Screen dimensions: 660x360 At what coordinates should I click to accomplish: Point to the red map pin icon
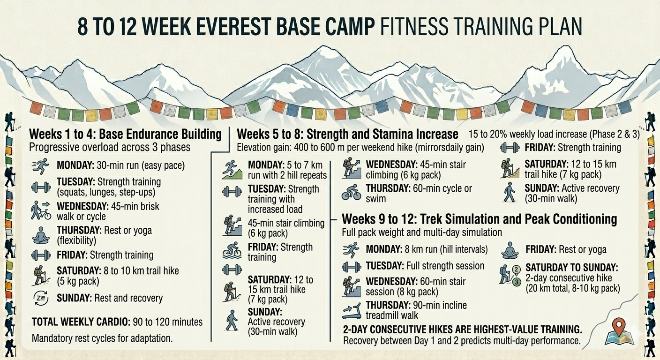(x=619, y=326)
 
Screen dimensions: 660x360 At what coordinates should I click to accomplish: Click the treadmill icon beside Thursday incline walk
(x=352, y=311)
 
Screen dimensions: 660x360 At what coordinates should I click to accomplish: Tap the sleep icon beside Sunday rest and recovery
(x=41, y=298)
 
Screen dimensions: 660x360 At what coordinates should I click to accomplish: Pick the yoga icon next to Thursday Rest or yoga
(x=41, y=235)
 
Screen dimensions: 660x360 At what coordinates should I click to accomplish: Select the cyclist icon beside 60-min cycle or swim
(x=351, y=192)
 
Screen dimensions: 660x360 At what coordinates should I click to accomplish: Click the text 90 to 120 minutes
(x=168, y=322)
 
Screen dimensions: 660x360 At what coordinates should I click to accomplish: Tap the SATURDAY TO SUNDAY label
(x=572, y=268)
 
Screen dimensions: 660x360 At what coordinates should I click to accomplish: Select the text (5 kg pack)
(x=78, y=281)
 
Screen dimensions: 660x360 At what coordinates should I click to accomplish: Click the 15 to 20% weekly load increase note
(x=554, y=134)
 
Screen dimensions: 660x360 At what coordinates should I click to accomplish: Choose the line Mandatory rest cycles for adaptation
(x=102, y=338)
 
